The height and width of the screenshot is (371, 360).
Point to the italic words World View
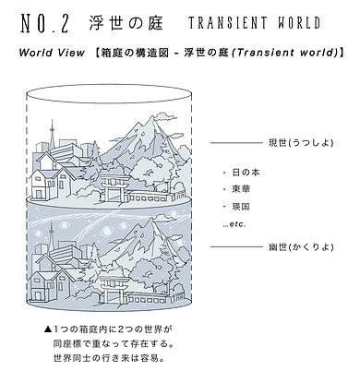51,54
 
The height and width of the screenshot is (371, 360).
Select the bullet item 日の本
247,172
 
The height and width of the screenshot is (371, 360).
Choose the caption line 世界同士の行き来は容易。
114,357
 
